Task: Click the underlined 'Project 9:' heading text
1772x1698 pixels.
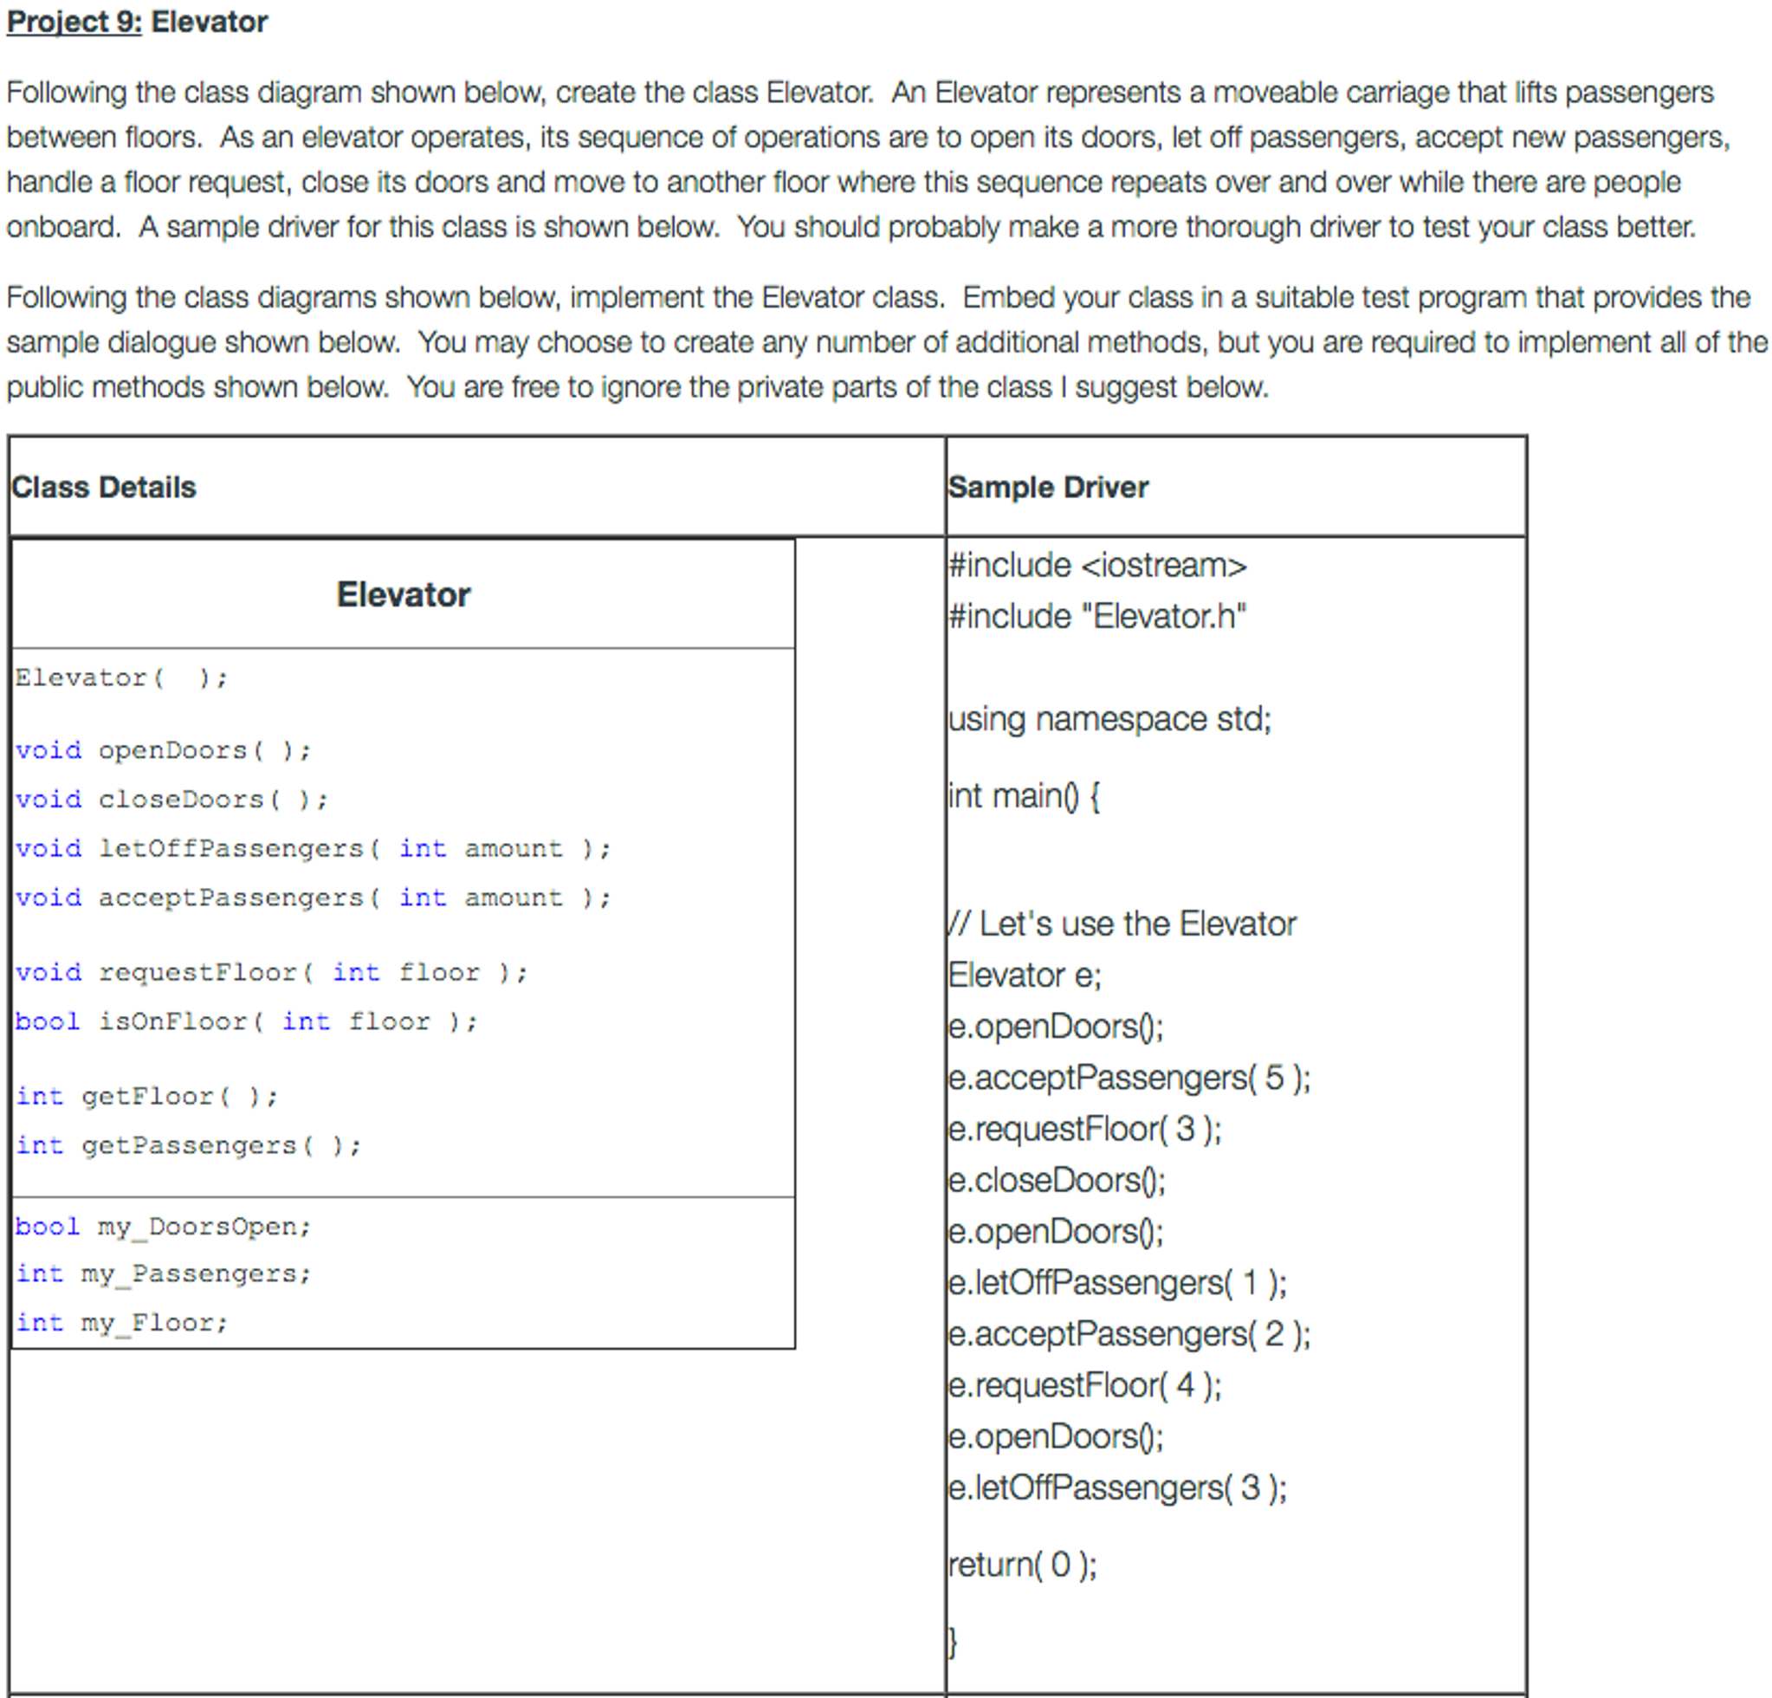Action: coord(74,22)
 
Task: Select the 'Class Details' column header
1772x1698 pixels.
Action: coord(103,488)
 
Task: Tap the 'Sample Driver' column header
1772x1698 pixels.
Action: coord(1048,488)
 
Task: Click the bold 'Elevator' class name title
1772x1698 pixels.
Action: coord(404,595)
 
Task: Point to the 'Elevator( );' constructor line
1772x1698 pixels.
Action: coord(121,678)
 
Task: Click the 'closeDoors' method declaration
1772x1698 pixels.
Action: coord(171,800)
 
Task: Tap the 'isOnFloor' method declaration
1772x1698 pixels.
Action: coord(246,1021)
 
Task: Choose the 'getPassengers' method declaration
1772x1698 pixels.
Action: coord(188,1145)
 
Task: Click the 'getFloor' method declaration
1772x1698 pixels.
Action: coord(146,1097)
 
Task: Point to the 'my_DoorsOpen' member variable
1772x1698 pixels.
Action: coord(163,1227)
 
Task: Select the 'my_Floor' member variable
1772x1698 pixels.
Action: coord(121,1323)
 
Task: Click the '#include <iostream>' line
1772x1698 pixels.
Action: coord(1097,566)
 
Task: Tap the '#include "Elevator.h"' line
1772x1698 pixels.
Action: coord(1097,617)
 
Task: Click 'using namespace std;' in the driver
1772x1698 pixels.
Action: coord(1109,720)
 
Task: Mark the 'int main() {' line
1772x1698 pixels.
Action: coord(1024,796)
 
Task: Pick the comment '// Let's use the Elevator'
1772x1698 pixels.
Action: coord(1121,924)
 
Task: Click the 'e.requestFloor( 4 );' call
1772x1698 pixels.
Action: coord(1085,1385)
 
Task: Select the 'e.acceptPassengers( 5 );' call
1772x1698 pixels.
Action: coord(1129,1078)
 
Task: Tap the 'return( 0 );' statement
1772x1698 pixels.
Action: coord(1023,1565)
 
